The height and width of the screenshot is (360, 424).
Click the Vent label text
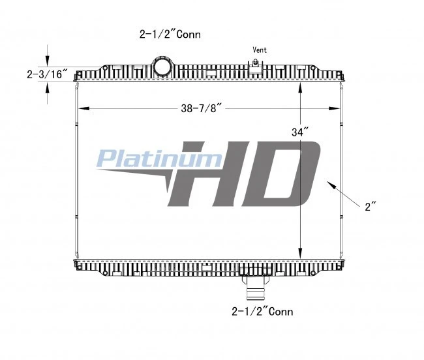pos(260,50)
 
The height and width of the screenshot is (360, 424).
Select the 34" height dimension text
pos(300,132)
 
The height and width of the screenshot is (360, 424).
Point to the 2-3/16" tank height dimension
pos(47,74)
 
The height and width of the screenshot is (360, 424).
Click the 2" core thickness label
pos(371,207)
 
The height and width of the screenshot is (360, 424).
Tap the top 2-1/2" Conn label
pos(170,35)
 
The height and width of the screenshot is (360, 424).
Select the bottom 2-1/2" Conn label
pos(262,312)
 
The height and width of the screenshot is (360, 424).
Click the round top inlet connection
pos(162,67)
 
